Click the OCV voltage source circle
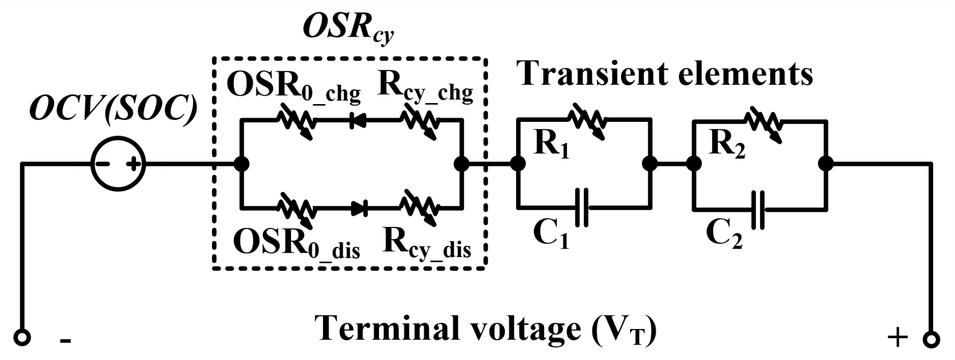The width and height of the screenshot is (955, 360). tap(118, 165)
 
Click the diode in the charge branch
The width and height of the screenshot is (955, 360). tap(358, 121)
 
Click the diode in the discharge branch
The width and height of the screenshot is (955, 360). tap(359, 209)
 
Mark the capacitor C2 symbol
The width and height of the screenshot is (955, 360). tap(758, 210)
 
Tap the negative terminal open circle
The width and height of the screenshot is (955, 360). tap(22, 338)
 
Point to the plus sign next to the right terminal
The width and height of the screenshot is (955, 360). tap(897, 337)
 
